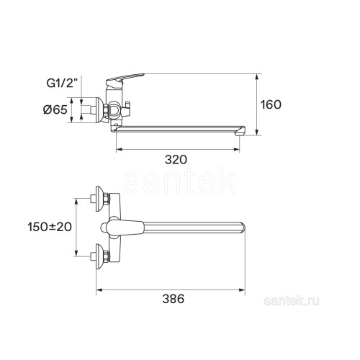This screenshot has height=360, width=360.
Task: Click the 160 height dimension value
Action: pos(271,105)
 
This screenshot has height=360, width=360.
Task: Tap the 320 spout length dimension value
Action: pos(176,160)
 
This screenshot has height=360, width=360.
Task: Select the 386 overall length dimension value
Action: pos(174,299)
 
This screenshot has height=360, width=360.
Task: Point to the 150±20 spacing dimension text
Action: pos(50,227)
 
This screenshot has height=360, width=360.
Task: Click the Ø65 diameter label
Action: pos(55,110)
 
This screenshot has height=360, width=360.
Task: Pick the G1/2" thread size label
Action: pos(63,83)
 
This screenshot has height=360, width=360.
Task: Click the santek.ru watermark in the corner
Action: pos(292,301)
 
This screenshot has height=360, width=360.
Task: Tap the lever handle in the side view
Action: pos(125,79)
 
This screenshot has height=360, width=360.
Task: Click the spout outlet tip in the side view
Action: pos(240,131)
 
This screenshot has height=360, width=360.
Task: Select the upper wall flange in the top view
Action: pos(99,199)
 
